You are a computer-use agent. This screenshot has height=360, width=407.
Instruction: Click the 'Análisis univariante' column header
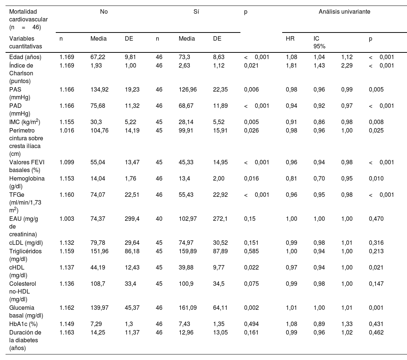click(344, 12)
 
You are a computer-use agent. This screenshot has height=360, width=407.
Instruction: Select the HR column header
click(290, 38)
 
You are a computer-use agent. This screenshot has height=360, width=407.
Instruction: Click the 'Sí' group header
click(196, 12)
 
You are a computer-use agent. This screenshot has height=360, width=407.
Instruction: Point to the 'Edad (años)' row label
click(25, 57)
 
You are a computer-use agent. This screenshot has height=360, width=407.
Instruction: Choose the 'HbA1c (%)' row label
click(23, 324)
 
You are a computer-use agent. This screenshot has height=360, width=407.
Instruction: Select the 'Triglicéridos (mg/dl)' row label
click(25, 255)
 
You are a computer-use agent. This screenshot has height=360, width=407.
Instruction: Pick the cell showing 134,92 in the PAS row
click(99, 90)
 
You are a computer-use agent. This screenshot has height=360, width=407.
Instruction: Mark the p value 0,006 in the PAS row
click(252, 90)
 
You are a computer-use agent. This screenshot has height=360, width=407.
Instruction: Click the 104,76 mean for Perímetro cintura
click(99, 130)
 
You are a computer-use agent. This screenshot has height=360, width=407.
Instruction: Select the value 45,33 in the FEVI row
click(186, 162)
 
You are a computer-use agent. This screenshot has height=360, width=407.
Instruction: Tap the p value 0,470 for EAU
click(376, 219)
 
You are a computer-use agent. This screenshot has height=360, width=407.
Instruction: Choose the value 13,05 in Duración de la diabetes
click(220, 332)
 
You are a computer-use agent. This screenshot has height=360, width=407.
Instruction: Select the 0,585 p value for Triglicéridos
click(252, 251)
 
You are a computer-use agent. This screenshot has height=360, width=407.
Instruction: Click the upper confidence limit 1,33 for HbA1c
click(346, 324)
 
